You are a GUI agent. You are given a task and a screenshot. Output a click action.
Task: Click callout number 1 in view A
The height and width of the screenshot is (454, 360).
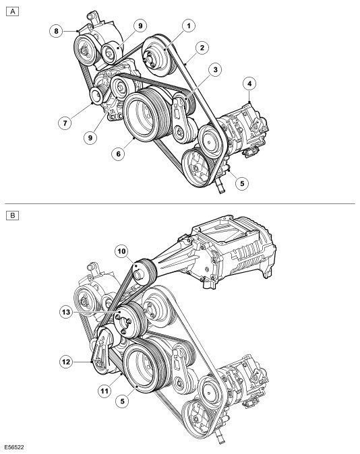tap(189, 26)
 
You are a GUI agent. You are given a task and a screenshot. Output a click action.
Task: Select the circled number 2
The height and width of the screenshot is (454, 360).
tap(202, 48)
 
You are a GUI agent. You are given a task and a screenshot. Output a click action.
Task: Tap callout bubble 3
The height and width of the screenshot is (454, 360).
tap(215, 70)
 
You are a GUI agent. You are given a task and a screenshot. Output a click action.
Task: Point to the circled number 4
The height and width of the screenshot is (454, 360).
tap(249, 84)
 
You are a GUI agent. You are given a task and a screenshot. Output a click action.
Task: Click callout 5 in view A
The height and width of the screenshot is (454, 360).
tap(242, 183)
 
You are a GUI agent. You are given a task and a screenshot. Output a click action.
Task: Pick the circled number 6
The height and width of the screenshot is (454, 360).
tap(118, 154)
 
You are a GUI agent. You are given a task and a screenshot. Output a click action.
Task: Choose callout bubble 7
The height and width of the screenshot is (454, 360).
tap(65, 123)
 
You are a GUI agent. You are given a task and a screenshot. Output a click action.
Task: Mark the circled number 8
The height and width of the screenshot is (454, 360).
tap(56, 31)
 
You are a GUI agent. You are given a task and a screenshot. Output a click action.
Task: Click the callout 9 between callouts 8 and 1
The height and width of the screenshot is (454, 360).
tap(140, 26)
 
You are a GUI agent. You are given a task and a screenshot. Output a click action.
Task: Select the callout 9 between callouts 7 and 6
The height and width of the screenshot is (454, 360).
tap(90, 137)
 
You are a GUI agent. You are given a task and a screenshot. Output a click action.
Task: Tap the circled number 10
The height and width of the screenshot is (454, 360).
tap(121, 251)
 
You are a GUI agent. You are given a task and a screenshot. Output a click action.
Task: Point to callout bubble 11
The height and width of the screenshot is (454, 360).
tap(104, 391)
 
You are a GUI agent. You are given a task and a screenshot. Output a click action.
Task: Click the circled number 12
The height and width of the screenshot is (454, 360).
tap(66, 362)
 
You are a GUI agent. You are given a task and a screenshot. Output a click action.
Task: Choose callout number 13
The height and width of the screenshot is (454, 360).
tap(66, 312)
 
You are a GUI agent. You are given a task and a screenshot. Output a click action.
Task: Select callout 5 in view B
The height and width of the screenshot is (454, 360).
tap(122, 401)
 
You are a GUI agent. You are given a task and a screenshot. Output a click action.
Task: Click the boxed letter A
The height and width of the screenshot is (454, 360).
tap(12, 11)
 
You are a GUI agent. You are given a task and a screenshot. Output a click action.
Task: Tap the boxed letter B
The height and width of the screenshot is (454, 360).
tap(12, 216)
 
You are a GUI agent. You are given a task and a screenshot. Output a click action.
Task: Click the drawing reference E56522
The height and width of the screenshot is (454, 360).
tap(14, 447)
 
